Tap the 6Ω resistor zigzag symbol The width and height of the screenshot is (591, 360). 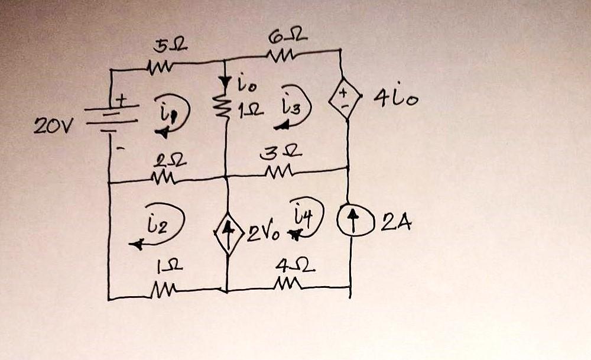coord(280,57)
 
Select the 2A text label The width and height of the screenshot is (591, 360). coord(393,224)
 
